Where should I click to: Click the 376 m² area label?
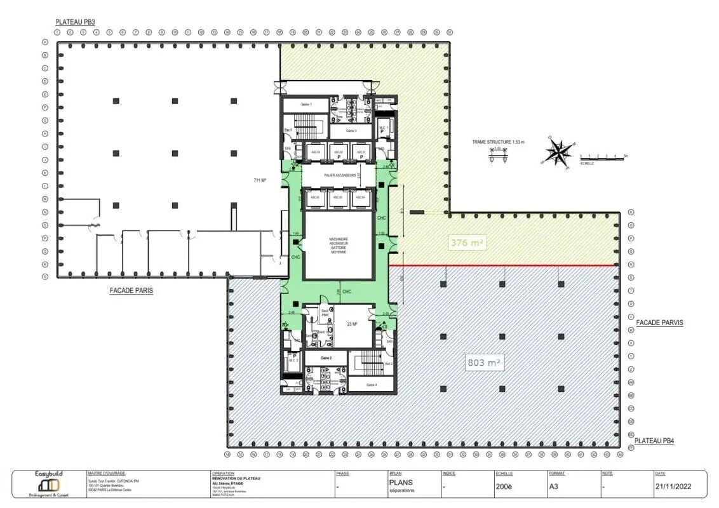[x=467, y=242]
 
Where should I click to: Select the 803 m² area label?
[x=484, y=363]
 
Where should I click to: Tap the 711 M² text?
[x=259, y=181]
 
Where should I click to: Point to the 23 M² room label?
[x=352, y=324]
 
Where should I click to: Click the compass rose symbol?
[x=558, y=152]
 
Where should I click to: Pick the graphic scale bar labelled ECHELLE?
[x=603, y=157]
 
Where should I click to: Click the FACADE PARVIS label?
[x=659, y=323]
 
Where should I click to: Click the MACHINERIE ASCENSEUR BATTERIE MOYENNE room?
[x=338, y=244]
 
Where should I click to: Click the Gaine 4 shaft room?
[x=371, y=384]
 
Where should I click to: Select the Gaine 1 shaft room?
[x=306, y=104]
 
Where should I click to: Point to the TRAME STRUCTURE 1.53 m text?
[x=498, y=142]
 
